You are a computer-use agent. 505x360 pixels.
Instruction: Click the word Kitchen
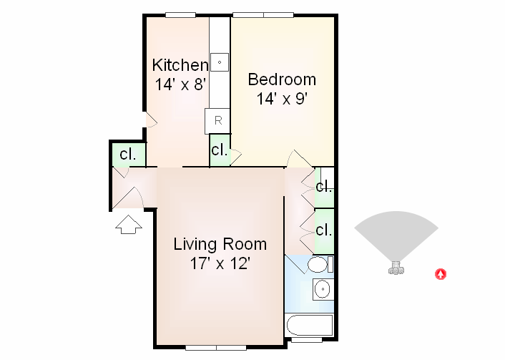tap(180, 65)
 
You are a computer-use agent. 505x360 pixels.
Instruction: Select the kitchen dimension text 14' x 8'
tap(180, 84)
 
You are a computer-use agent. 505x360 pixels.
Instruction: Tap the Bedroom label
tap(281, 79)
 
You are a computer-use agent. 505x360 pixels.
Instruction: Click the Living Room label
tap(220, 244)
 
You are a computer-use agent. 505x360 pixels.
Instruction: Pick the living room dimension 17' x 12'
tap(220, 263)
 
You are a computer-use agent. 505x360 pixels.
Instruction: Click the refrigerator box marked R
tap(217, 121)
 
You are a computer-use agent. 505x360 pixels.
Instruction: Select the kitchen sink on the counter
tap(220, 62)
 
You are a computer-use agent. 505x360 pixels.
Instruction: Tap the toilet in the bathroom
tap(318, 266)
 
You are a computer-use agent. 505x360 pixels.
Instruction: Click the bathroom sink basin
tap(323, 290)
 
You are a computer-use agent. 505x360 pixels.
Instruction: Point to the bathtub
tap(309, 326)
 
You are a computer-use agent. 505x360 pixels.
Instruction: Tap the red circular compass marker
tap(441, 273)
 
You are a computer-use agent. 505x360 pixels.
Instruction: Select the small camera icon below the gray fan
tap(395, 269)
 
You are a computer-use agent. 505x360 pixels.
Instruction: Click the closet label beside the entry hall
tap(128, 154)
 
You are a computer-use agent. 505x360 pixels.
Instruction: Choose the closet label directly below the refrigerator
tap(219, 151)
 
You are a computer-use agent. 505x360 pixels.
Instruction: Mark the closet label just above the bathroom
tap(324, 230)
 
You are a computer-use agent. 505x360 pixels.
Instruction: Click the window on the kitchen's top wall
tap(180, 14)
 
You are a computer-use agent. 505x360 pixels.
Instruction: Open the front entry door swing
tap(129, 190)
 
